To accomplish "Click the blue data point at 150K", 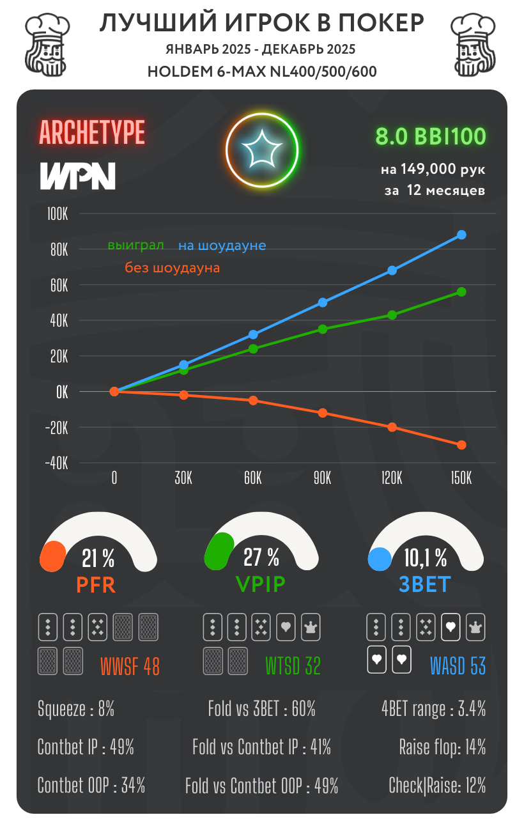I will pos(461,235).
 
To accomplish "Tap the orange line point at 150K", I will pos(461,445).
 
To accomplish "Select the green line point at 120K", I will pos(392,315).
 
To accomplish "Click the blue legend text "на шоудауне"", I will pos(222,245).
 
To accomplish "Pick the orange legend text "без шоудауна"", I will pos(172,268).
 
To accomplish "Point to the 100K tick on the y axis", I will pos(58,214).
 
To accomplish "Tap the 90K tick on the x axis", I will pos(322,479).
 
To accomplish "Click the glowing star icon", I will pos(262,151).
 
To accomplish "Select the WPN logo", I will pos(78,176).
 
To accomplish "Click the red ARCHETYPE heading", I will pos(92,132).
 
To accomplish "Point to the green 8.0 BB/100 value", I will pos(431,136).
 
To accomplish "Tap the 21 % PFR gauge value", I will pos(98,558).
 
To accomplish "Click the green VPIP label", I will pos(261,584).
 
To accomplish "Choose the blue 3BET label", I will pos(425,584).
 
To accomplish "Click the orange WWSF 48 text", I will pos(130,667).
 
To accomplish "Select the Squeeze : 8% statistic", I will pos(76,709).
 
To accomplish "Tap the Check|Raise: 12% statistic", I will pos(437,785).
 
